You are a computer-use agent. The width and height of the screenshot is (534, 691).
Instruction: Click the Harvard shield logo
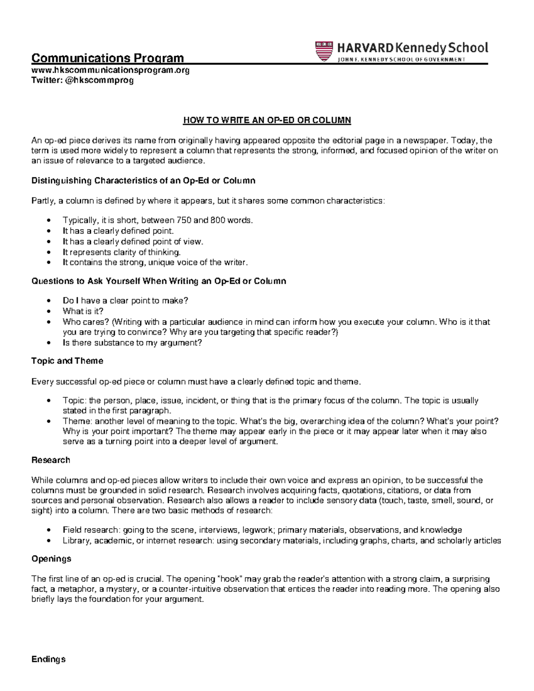click(x=324, y=51)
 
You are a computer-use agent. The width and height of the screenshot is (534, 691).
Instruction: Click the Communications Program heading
click(x=107, y=58)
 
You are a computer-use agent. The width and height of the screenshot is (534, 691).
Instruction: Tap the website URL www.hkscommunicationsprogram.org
click(x=110, y=70)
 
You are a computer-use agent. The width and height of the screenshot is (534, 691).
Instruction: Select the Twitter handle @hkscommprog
click(x=82, y=80)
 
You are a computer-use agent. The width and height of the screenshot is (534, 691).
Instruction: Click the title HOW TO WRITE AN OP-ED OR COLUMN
click(x=267, y=120)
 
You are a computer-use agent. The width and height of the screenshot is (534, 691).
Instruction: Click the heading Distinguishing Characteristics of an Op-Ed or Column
click(x=143, y=181)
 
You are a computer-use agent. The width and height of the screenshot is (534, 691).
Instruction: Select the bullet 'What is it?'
click(x=83, y=311)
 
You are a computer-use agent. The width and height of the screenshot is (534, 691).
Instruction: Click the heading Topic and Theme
click(x=67, y=361)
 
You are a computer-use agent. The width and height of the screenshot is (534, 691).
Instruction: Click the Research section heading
click(x=50, y=460)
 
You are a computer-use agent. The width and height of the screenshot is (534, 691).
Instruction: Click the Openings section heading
click(x=51, y=558)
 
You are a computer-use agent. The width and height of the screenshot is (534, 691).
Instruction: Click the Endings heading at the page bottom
click(x=49, y=659)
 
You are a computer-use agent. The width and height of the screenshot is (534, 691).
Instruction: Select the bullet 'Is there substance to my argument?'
click(x=132, y=343)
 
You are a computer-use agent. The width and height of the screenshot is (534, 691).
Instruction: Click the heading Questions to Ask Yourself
click(x=158, y=281)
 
